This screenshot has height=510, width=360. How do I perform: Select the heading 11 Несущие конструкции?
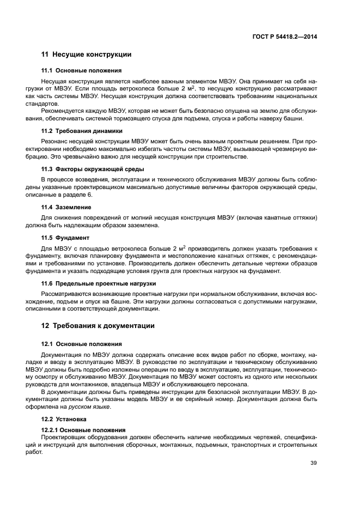(x=86, y=54)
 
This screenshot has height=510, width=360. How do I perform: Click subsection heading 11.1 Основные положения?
(x=82, y=71)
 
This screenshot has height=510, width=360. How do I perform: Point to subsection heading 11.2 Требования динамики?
(x=82, y=131)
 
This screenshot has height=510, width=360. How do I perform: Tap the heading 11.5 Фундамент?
(x=66, y=238)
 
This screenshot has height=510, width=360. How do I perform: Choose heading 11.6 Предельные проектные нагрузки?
(x=99, y=283)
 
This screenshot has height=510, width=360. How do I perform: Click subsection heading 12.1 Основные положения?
(x=82, y=344)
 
